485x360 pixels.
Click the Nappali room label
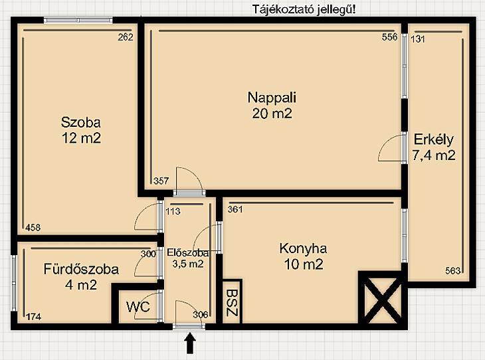[272, 98]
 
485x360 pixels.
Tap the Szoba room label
[81, 122]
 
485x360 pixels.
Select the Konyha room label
[303, 248]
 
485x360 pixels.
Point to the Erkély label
[434, 139]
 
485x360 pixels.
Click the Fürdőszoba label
[81, 269]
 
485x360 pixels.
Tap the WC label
[138, 307]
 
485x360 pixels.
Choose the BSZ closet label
[232, 302]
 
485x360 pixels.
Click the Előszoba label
[188, 253]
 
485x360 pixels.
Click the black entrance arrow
[190, 343]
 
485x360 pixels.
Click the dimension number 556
[389, 37]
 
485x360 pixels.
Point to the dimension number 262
[126, 37]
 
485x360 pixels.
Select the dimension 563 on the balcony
[453, 271]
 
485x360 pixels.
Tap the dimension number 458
[33, 228]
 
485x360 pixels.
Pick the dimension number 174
[34, 317]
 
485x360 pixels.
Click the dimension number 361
[235, 209]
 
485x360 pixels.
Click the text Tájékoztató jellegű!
[304, 9]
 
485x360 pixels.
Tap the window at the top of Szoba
[78, 21]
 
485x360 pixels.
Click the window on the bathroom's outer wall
[14, 283]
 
